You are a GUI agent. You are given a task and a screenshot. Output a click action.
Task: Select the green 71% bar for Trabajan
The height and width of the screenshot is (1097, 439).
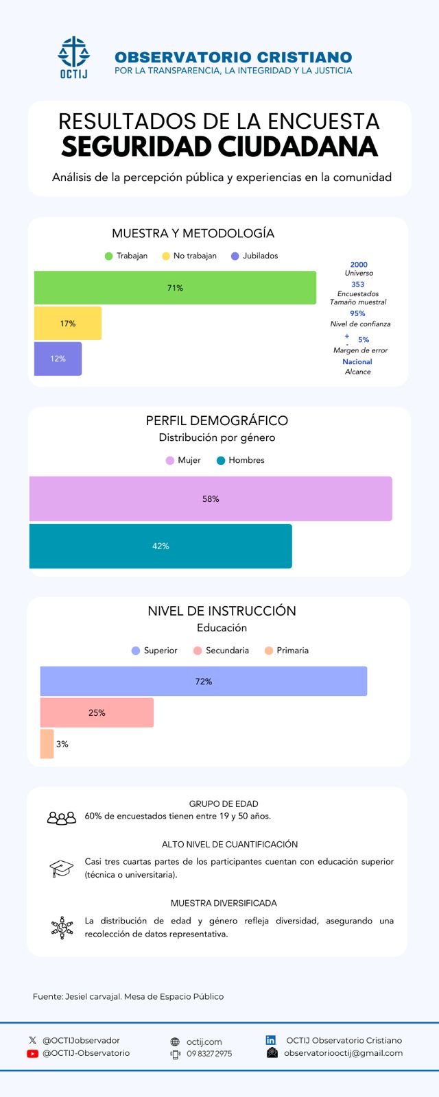(x=175, y=288)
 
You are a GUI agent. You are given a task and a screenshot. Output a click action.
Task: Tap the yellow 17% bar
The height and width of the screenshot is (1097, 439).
(x=68, y=324)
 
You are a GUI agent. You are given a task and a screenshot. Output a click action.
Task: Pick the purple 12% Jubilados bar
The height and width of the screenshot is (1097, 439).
(x=58, y=359)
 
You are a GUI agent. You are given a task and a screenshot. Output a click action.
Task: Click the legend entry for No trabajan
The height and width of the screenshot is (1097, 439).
(x=189, y=256)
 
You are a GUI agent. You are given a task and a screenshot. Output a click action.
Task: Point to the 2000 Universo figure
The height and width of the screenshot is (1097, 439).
(x=359, y=265)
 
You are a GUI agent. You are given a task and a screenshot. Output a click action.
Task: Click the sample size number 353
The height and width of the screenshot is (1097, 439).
(x=358, y=285)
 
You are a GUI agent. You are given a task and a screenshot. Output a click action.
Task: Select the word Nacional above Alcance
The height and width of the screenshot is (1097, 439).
(x=357, y=362)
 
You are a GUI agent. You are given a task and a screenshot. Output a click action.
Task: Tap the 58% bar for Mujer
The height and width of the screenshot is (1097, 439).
(x=211, y=499)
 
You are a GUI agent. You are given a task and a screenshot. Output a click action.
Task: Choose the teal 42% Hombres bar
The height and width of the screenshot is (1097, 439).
(x=161, y=546)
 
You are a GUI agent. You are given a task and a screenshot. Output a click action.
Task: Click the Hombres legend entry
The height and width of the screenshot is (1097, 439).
(x=241, y=460)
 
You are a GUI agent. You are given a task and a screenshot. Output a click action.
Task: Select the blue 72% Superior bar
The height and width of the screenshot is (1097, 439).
(x=204, y=682)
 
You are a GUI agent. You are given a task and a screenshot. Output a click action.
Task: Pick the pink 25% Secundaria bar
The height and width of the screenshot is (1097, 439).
(x=97, y=713)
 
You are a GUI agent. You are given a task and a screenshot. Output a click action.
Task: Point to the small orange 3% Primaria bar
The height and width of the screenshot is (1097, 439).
(x=47, y=744)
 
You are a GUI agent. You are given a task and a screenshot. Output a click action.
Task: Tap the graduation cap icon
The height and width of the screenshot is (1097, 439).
(x=62, y=868)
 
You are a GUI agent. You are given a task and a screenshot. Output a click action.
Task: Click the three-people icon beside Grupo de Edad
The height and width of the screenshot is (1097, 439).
(x=62, y=817)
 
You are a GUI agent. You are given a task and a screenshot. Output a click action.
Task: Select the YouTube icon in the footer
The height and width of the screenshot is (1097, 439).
(x=32, y=1054)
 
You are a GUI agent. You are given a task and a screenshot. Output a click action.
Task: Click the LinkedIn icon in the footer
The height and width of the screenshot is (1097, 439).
(x=271, y=1040)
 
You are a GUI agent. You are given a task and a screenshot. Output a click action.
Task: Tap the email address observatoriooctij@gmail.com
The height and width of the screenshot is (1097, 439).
(x=343, y=1053)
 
